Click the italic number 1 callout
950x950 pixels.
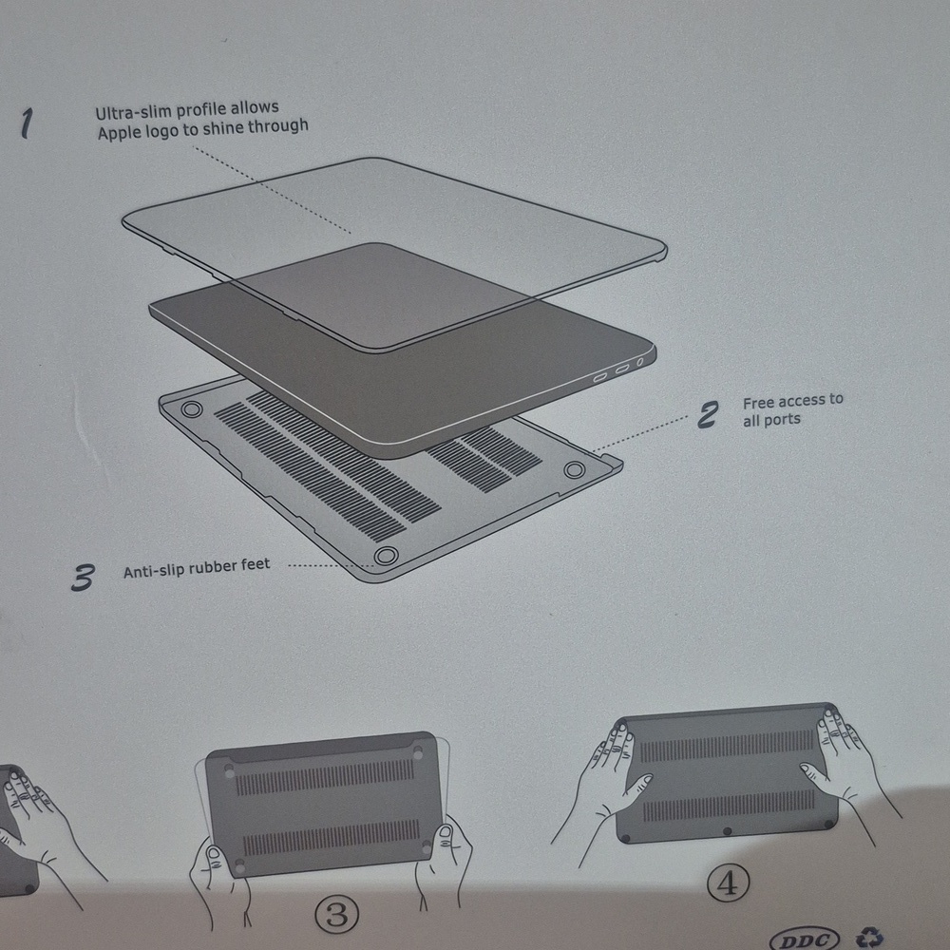(x=28, y=123)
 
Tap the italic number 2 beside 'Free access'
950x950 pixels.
(x=709, y=414)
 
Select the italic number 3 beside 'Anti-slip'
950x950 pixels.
(x=84, y=577)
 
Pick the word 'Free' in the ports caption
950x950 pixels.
(x=759, y=403)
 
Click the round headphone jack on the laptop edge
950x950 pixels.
(x=641, y=362)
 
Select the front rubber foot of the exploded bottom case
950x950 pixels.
(x=385, y=555)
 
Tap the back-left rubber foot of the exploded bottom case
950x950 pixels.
(x=191, y=409)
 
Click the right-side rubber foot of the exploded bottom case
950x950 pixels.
(x=574, y=469)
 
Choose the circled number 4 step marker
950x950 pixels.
(x=728, y=883)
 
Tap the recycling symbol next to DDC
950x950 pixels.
(x=868, y=939)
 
